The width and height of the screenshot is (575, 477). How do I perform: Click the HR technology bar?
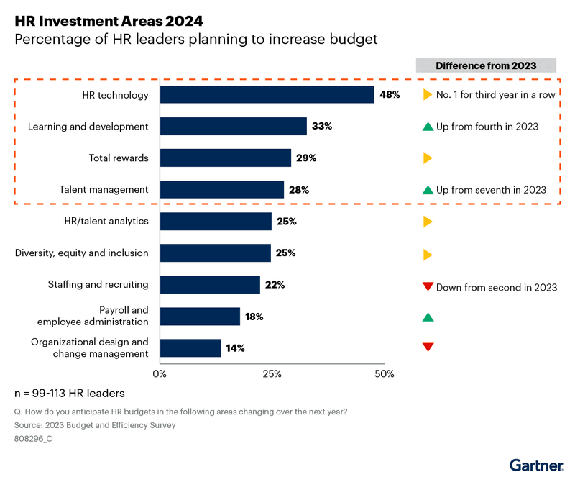point(267,95)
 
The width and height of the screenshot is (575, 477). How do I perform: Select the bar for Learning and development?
point(233,127)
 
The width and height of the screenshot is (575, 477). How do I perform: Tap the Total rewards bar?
point(225,158)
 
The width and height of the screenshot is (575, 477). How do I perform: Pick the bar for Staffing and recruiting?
point(210,285)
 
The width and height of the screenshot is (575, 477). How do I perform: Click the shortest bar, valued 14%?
point(190,348)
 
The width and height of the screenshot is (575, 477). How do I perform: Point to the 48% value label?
point(390,95)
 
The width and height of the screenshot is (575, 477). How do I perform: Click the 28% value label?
point(299,190)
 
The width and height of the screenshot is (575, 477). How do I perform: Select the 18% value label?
point(254,317)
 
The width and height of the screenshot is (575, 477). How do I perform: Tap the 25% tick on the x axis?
point(272,373)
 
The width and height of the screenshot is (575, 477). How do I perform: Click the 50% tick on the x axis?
point(385,373)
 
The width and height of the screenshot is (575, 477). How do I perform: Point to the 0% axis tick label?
point(160,373)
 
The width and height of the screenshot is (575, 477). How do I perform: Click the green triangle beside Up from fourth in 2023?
point(428,127)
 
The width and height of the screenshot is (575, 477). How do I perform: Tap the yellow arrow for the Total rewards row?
point(428,158)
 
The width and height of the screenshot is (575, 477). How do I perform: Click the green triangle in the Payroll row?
point(428,317)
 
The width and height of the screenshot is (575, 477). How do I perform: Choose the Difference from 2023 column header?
point(486,65)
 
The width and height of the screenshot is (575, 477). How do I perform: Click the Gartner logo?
point(535,465)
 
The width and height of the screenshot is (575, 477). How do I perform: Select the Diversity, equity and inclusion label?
point(82,253)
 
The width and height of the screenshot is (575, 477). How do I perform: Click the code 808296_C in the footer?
point(33,438)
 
